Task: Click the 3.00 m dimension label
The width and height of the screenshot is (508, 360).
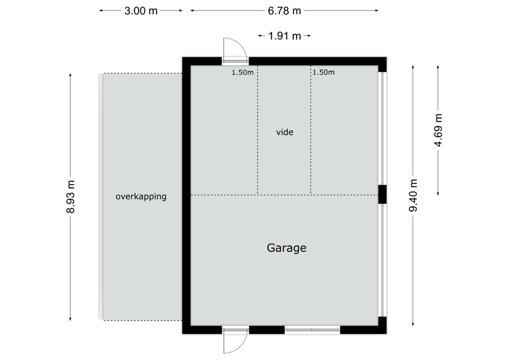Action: [141, 11]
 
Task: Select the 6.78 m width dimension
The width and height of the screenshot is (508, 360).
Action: [284, 11]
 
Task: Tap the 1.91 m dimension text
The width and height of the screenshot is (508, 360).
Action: [284, 36]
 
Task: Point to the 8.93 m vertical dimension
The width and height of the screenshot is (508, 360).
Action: [70, 197]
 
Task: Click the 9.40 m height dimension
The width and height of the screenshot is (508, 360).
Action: [413, 195]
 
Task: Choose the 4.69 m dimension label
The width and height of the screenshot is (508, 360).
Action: [438, 131]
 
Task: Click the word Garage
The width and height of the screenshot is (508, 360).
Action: [286, 248]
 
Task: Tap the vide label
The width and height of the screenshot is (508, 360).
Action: [285, 132]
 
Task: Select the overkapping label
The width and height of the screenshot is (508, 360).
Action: [141, 197]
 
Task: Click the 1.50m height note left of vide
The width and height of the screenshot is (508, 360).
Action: [242, 72]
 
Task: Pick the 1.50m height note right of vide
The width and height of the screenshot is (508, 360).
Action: [323, 72]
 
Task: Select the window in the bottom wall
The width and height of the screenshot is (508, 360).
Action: [313, 330]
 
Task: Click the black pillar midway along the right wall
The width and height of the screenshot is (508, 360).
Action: [382, 194]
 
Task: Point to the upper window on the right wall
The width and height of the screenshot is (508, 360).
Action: [382, 129]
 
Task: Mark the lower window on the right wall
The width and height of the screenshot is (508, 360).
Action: [382, 260]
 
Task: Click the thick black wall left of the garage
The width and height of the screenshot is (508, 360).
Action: [187, 196]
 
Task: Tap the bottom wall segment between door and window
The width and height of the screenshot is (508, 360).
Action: [266, 330]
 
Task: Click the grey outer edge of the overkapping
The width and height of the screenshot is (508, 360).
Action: [101, 197]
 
